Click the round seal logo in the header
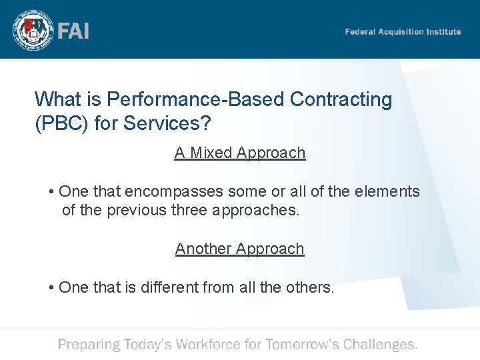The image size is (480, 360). (x=31, y=31)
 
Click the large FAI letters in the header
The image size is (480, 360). (x=73, y=31)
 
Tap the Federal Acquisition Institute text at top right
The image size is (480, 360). (x=403, y=31)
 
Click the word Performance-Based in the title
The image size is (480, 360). (x=197, y=99)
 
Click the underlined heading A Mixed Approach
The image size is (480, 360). (x=240, y=153)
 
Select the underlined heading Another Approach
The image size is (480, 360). (x=240, y=249)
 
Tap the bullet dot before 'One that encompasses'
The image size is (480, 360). (x=51, y=192)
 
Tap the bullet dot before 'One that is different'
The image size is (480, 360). (x=51, y=288)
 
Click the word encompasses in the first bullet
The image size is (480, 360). (x=175, y=191)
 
